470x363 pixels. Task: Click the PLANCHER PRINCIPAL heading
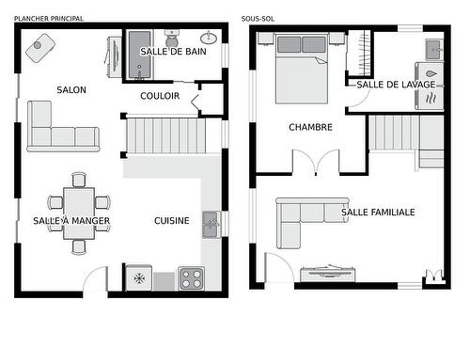(48, 19)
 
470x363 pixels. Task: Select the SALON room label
(71, 90)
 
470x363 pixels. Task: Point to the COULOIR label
(160, 96)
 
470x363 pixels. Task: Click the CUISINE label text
(172, 221)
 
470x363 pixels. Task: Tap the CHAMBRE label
(310, 127)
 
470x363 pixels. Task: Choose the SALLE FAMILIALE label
(377, 213)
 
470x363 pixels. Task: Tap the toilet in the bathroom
(172, 39)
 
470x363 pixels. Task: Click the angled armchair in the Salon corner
(39, 47)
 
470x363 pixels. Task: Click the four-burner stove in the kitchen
(191, 278)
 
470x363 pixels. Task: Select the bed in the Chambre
(302, 67)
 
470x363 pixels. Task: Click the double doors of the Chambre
(315, 162)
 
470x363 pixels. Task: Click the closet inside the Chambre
(358, 54)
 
